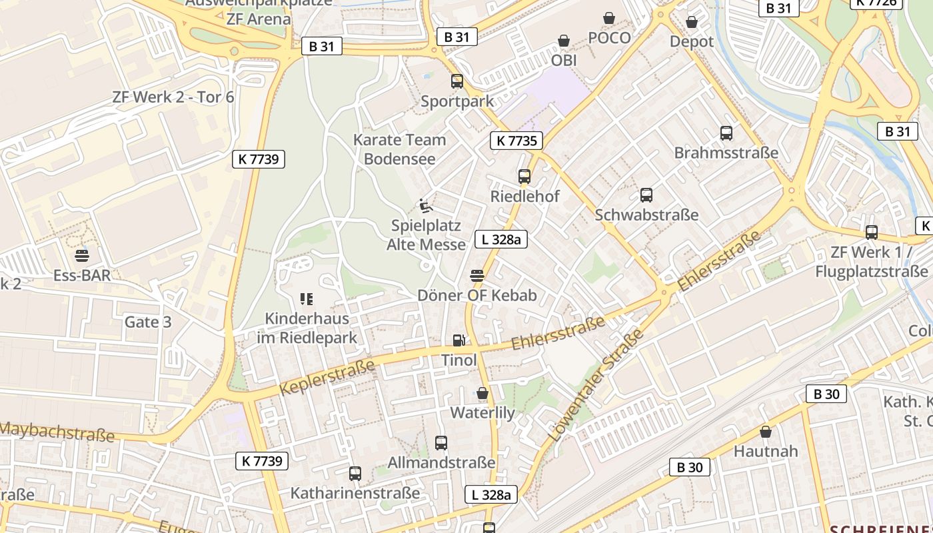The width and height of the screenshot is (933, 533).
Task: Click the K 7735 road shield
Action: [x=516, y=141]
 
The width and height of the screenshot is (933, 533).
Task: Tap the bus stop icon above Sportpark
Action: [x=457, y=81]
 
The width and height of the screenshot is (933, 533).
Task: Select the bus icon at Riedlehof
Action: [x=524, y=177]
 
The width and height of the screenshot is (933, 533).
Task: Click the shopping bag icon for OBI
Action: [x=564, y=41]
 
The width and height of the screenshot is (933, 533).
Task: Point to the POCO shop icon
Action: [x=609, y=19]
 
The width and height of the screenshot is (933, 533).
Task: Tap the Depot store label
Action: [x=691, y=41]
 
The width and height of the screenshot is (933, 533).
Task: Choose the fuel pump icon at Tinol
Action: [x=459, y=340]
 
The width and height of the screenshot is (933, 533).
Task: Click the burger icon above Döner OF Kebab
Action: [x=476, y=275]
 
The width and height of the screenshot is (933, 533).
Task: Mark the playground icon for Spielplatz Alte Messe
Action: [x=425, y=206]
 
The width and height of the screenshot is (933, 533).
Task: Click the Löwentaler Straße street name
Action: [x=597, y=384]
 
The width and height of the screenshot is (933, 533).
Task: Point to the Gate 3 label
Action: [x=148, y=322]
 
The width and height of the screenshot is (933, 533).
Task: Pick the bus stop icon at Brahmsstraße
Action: [x=726, y=133]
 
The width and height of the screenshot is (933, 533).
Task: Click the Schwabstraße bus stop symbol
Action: [x=646, y=195]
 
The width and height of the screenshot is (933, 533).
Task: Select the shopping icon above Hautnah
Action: [x=766, y=432]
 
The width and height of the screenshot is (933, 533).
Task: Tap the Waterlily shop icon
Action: [x=482, y=394]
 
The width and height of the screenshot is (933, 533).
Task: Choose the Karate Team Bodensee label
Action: [x=400, y=149]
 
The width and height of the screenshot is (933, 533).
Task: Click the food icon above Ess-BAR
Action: [x=82, y=256]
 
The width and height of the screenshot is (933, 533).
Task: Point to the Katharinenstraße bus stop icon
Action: [x=355, y=474]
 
